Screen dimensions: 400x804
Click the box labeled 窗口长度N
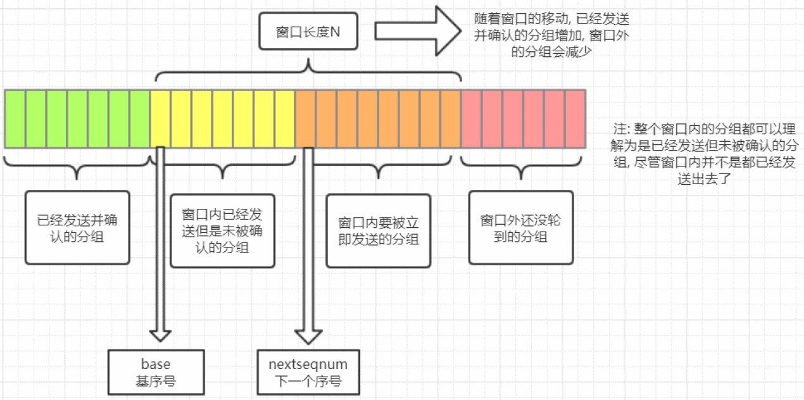click(308, 32)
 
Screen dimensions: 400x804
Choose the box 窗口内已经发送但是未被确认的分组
click(223, 230)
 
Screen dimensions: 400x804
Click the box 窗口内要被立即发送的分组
click(378, 230)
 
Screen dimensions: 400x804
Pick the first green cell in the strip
click(15, 119)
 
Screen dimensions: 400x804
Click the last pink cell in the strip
click(575, 119)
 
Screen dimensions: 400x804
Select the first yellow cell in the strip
click(160, 119)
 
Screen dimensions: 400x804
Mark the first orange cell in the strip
click(305, 119)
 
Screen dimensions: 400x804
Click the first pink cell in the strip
click(471, 119)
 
